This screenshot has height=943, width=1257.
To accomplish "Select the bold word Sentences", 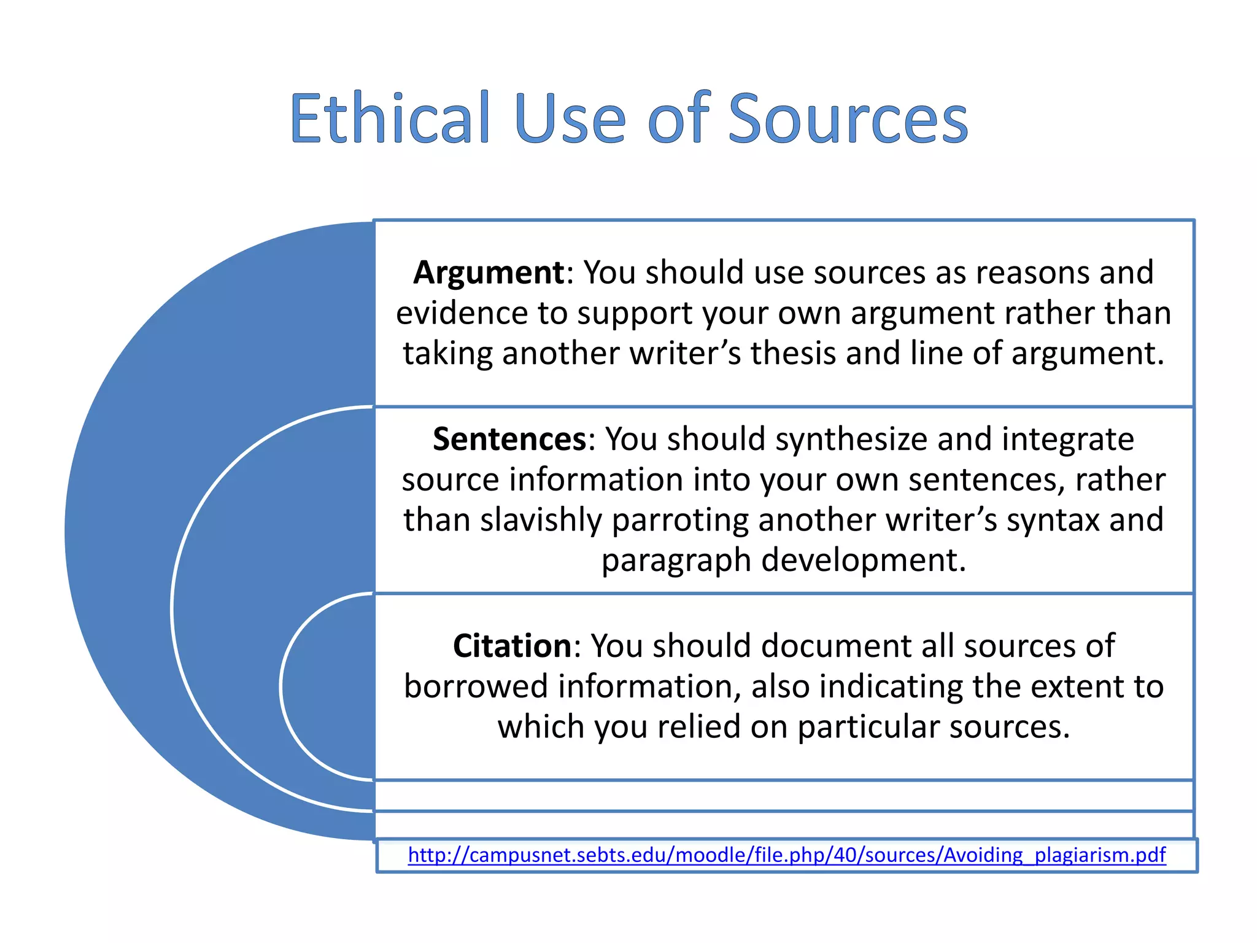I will click(x=509, y=439).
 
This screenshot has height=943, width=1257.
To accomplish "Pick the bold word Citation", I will click(x=512, y=646).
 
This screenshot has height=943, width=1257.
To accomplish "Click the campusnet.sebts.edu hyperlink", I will click(x=786, y=855).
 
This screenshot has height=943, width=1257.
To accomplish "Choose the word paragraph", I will click(x=676, y=561).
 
